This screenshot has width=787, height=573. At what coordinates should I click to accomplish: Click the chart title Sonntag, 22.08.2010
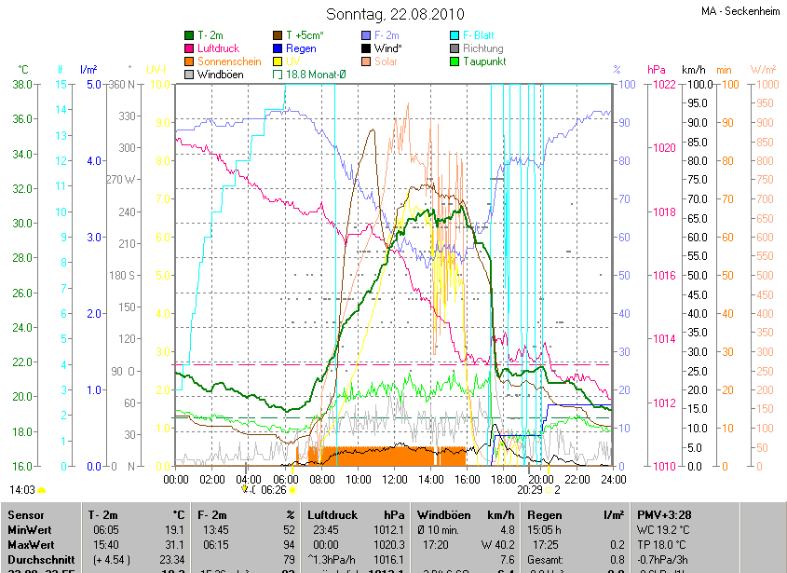click(393, 14)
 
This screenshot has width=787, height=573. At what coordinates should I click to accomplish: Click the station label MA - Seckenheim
click(740, 11)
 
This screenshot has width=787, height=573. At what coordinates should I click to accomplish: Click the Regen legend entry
click(301, 48)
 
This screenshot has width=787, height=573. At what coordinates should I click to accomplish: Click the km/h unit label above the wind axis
click(694, 70)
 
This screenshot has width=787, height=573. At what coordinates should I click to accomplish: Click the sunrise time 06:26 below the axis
click(274, 489)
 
